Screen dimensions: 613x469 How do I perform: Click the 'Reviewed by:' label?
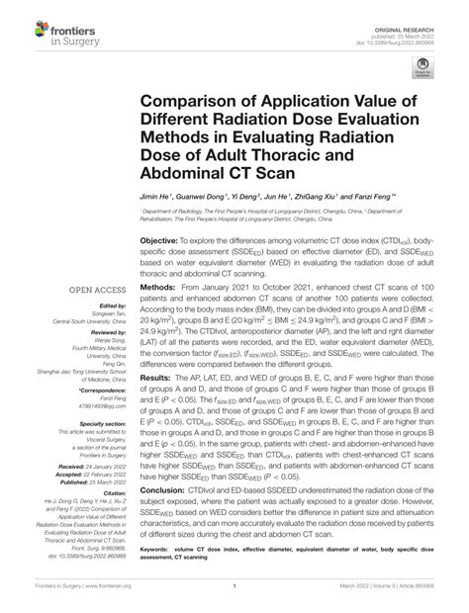105,334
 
